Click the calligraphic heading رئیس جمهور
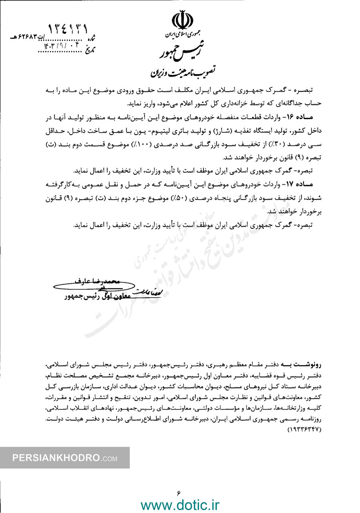[x=179, y=52]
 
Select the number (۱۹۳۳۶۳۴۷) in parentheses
[x=304, y=430]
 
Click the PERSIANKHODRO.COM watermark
[x=64, y=458]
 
